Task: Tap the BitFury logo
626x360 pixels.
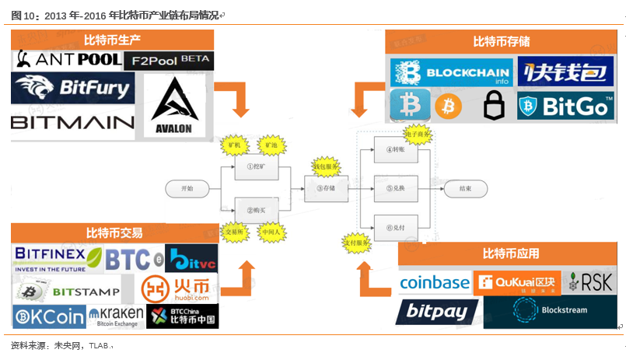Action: click(72, 89)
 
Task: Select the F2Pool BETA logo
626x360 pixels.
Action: click(172, 61)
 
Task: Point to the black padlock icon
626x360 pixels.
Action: click(493, 105)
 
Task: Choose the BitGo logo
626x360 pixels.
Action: click(565, 105)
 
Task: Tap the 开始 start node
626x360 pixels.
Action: click(187, 188)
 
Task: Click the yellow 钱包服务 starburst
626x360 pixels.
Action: click(325, 166)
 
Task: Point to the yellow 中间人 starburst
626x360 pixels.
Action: click(271, 231)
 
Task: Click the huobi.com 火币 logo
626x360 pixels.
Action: click(178, 289)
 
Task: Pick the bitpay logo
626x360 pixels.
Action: click(437, 313)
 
